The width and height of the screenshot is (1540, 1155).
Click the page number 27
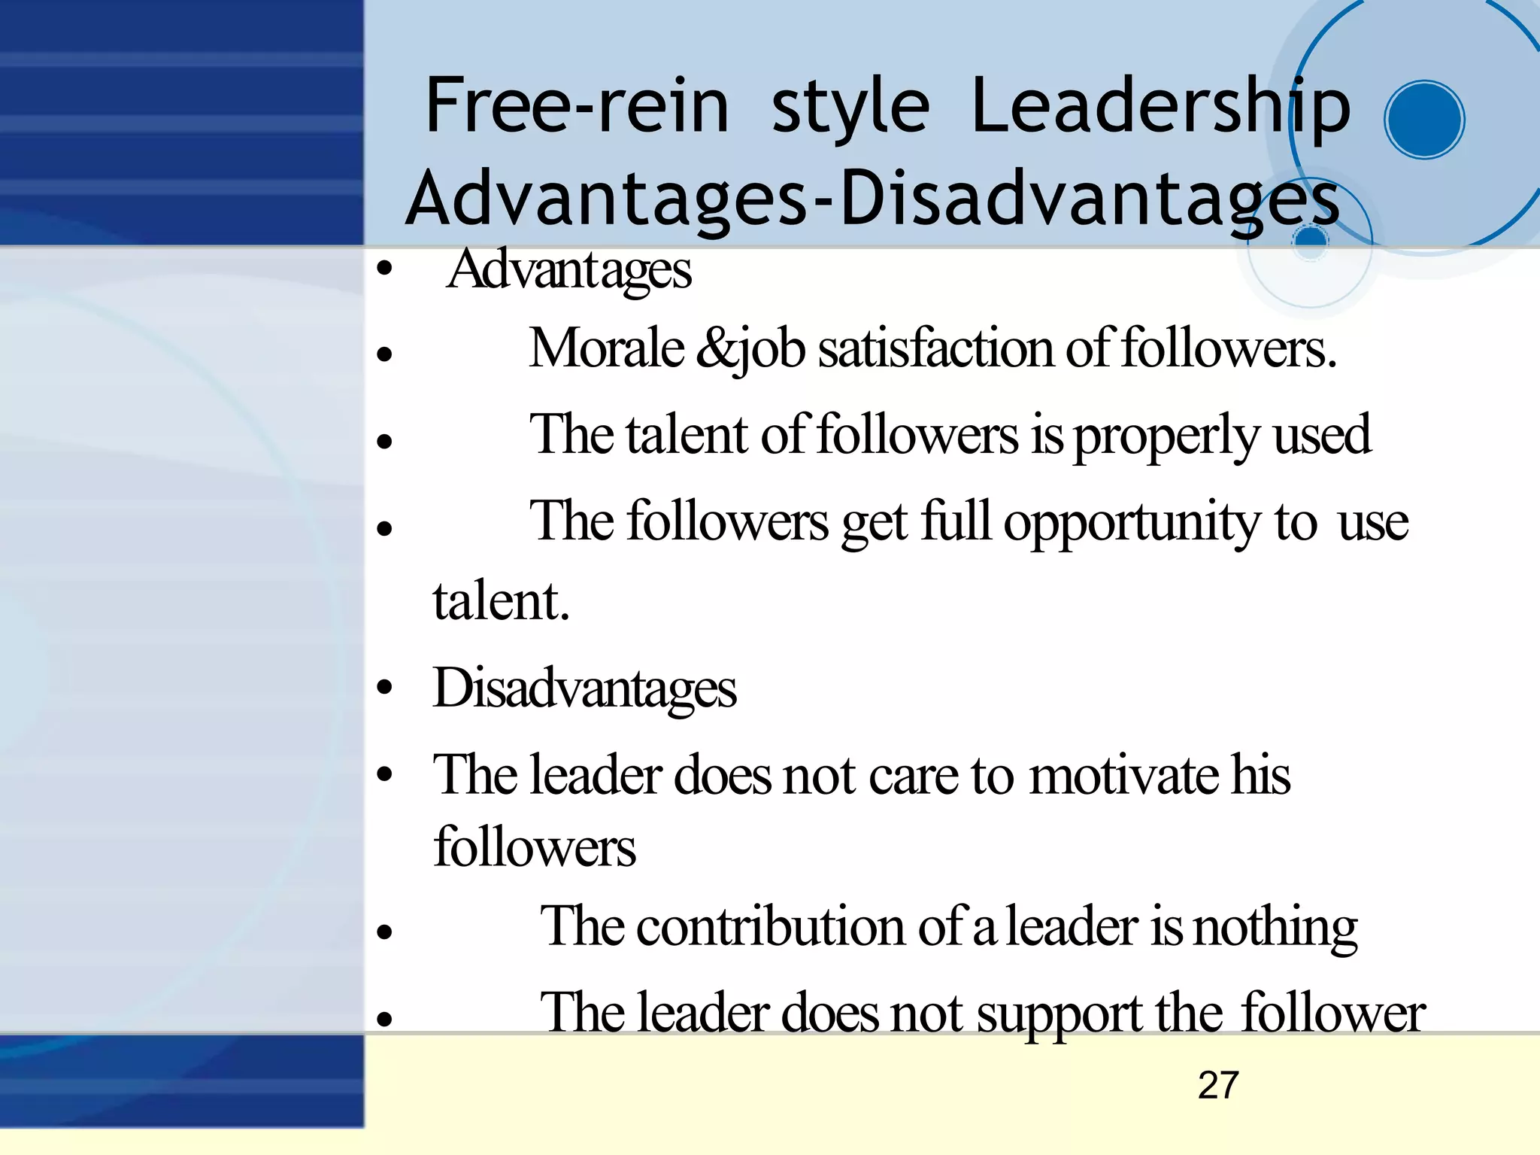coord(1217,1085)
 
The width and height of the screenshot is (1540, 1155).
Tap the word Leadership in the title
coord(1160,108)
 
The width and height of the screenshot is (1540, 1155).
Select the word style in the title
coord(850,108)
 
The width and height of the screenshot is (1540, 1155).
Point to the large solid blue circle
coord(1424,120)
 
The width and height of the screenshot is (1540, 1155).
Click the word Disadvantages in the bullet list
coord(584,688)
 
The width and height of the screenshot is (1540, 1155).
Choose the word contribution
coord(771,926)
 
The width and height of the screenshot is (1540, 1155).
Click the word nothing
coord(1275,928)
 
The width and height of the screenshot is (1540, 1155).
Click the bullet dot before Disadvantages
coord(385,687)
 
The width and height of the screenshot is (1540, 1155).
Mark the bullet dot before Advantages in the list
coord(385,268)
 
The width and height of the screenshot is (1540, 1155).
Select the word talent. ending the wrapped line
coord(501,601)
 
